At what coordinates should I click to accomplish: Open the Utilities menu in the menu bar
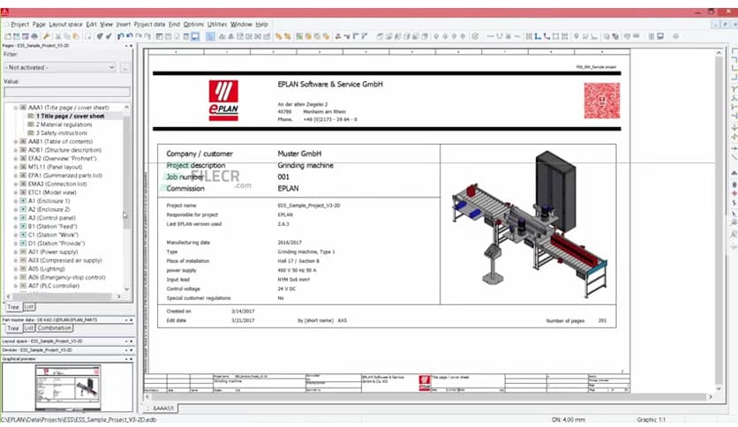pos(216,24)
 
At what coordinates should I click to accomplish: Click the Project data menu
pos(149,24)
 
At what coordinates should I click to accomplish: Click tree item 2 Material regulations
pos(64,124)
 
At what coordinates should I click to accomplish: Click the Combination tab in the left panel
pos(55,327)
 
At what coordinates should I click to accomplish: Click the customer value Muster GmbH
pos(299,154)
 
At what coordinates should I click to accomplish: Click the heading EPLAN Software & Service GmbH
pos(329,84)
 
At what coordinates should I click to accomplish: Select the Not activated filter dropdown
pos(60,67)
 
